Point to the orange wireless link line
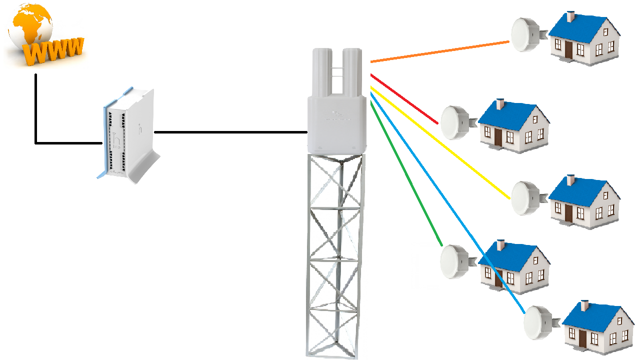[440, 52]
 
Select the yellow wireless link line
[440, 142]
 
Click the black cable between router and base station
[230, 132]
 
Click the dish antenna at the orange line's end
[525, 35]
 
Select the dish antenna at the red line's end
[455, 122]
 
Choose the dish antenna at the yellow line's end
[525, 198]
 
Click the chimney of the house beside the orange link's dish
[570, 16]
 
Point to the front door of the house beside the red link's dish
[498, 136]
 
